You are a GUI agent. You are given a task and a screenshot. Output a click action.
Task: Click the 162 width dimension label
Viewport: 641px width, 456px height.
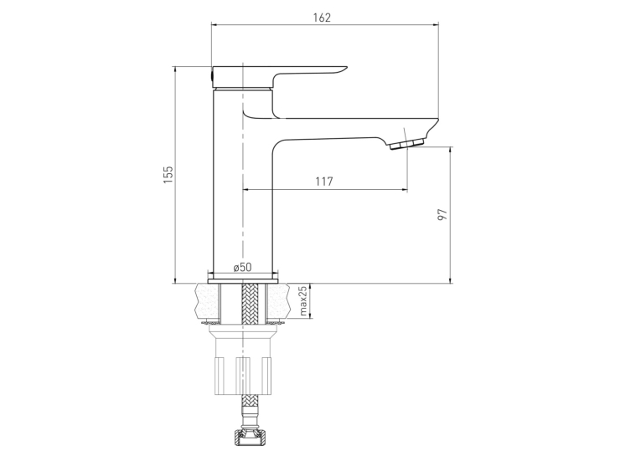pos(322,18)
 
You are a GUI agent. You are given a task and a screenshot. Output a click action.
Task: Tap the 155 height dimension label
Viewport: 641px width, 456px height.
pos(168,175)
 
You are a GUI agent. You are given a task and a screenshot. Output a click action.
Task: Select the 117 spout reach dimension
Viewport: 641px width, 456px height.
pos(324,182)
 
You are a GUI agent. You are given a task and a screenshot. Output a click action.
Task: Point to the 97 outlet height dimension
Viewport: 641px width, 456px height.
pos(442,215)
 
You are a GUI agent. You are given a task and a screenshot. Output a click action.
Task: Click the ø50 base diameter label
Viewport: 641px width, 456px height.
pos(242,267)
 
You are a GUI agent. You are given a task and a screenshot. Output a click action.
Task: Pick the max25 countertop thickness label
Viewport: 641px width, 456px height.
pos(303,301)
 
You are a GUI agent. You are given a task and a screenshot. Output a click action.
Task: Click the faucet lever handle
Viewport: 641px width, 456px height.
pos(278,76)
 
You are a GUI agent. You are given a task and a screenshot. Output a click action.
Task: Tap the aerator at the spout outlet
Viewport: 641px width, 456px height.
pos(406,144)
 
